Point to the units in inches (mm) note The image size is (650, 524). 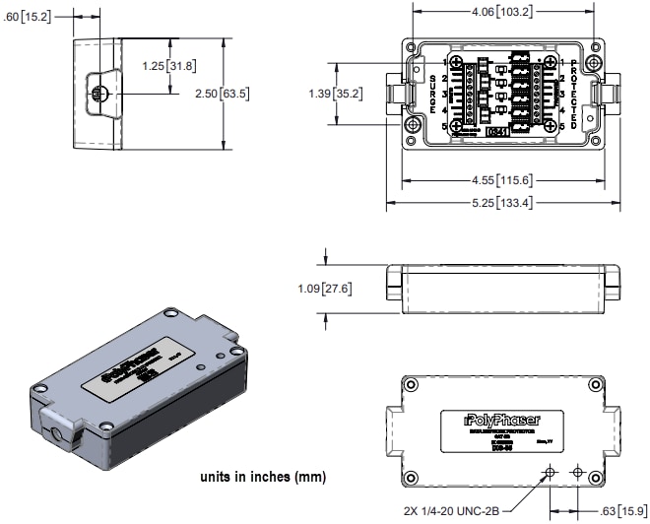click(263, 477)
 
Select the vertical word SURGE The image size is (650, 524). click(434, 94)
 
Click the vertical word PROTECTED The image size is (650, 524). click(573, 94)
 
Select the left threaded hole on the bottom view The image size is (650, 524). click(551, 473)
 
